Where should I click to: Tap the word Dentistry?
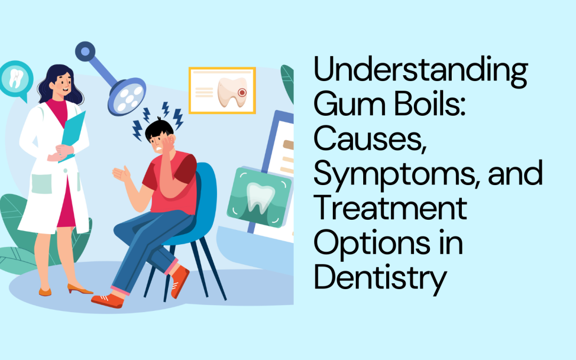[x=379, y=278]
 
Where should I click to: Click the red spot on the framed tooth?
[x=242, y=92]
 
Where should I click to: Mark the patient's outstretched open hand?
[x=122, y=174]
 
